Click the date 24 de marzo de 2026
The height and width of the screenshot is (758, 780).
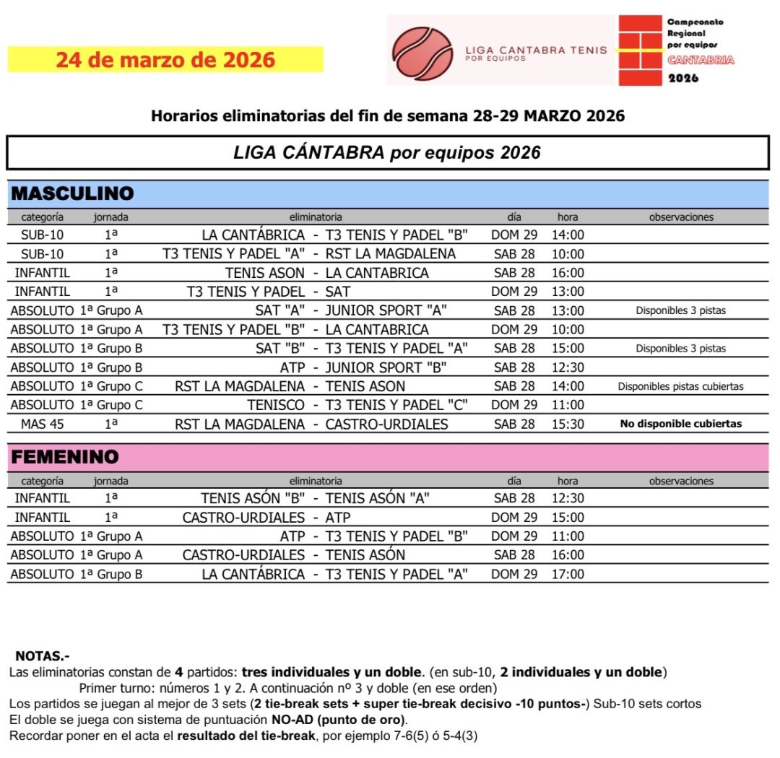point(165,59)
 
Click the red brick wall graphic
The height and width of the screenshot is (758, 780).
point(640,51)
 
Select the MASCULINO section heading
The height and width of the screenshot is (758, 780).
point(72,193)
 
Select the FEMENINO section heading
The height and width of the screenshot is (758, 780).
point(66,458)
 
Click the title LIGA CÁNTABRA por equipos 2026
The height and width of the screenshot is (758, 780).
point(386,153)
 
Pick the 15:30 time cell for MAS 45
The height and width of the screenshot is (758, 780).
point(568,424)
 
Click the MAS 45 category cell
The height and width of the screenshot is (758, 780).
point(42,424)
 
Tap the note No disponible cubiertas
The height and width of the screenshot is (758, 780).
point(680,424)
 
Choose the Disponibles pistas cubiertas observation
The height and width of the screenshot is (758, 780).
point(680,386)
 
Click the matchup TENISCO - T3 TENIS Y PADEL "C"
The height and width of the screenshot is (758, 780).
point(357,405)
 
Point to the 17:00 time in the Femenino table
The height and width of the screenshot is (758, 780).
point(568,575)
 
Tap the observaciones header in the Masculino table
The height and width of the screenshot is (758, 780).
point(680,217)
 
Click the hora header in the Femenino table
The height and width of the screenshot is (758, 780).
point(568,481)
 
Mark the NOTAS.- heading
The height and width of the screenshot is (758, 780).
point(42,656)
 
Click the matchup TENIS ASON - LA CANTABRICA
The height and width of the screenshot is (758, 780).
point(326,273)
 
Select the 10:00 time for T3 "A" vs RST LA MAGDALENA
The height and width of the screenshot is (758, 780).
point(568,254)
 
